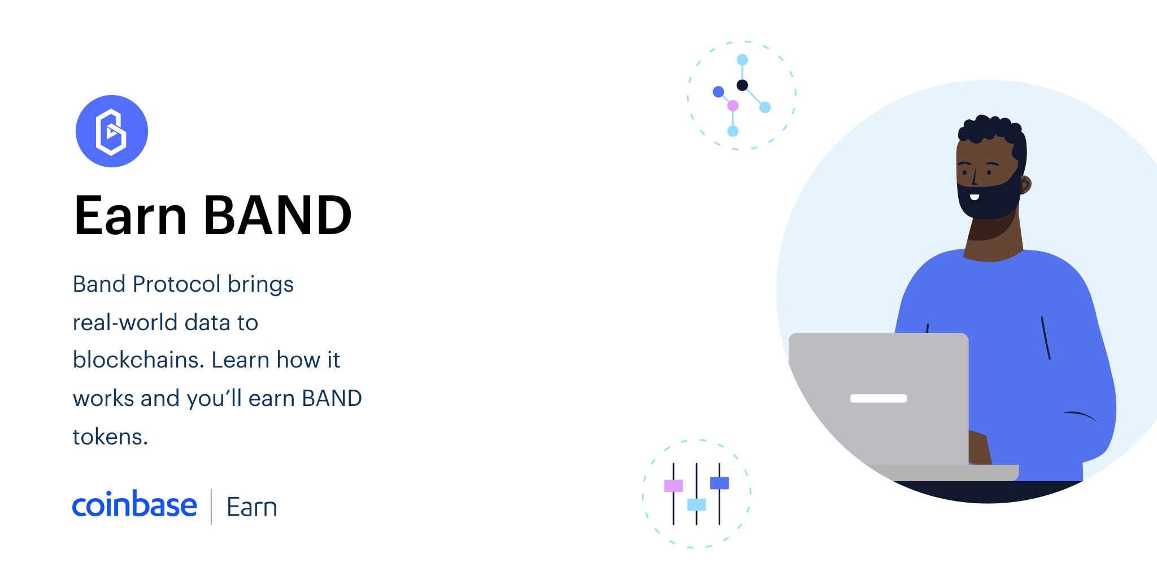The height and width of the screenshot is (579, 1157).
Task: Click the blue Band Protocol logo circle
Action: [x=112, y=131]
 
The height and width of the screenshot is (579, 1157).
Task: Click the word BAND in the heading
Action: [x=277, y=215]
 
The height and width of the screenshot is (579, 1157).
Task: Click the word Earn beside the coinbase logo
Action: [x=251, y=507]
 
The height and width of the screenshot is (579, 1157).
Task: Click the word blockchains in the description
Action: [x=138, y=360]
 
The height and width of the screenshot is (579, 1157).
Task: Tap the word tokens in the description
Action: [x=110, y=437]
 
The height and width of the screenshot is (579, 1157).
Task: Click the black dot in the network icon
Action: [x=742, y=85]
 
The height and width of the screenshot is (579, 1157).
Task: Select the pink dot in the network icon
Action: [x=733, y=106]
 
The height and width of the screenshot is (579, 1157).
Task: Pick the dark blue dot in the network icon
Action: [x=719, y=92]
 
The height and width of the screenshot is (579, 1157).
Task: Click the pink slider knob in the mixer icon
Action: [x=673, y=486]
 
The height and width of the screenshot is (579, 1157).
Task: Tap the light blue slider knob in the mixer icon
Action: [x=697, y=504]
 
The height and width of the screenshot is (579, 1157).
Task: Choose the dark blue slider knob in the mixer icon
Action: [x=719, y=483]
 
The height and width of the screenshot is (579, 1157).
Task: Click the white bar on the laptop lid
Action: [x=878, y=398]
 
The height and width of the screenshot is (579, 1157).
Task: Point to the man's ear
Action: [x=1025, y=184]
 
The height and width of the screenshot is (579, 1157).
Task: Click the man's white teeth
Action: [x=975, y=197]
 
